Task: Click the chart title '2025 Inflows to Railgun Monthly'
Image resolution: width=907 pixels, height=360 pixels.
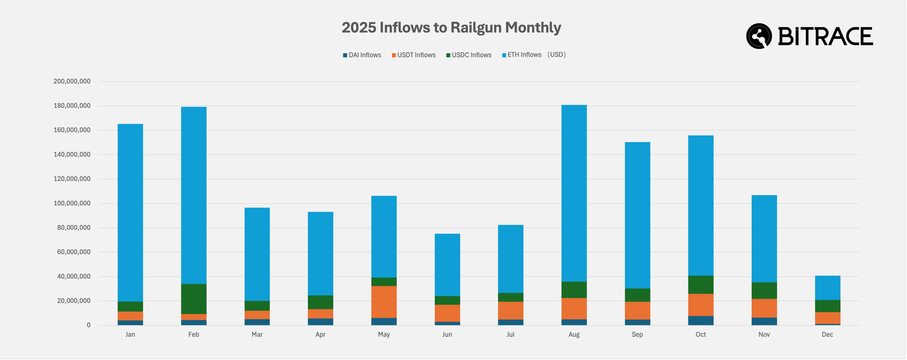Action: pyautogui.click(x=451, y=28)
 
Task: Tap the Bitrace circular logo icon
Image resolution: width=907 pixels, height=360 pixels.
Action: pyautogui.click(x=759, y=36)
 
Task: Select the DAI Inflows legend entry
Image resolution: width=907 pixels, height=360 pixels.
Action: pyautogui.click(x=362, y=55)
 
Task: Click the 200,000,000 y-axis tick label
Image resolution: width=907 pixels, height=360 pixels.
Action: pyautogui.click(x=72, y=82)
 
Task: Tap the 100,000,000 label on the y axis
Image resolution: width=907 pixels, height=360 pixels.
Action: pyautogui.click(x=72, y=204)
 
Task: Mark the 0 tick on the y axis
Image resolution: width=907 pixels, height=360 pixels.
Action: pyautogui.click(x=88, y=326)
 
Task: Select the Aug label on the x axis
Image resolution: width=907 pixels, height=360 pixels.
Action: pyautogui.click(x=574, y=335)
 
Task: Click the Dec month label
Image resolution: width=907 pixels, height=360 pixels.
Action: pyautogui.click(x=827, y=335)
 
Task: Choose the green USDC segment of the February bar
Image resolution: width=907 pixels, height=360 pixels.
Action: pyautogui.click(x=194, y=299)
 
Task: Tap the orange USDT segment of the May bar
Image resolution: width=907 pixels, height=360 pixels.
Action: pyautogui.click(x=384, y=302)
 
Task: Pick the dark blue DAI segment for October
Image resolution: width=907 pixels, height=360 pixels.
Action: pyautogui.click(x=701, y=321)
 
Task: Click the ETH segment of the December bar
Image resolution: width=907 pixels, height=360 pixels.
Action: pyautogui.click(x=827, y=288)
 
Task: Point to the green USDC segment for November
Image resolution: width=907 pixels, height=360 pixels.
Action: pyautogui.click(x=764, y=291)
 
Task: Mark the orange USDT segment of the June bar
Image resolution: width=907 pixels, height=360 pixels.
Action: pyautogui.click(x=447, y=313)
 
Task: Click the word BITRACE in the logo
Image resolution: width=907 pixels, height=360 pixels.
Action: pyautogui.click(x=825, y=37)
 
